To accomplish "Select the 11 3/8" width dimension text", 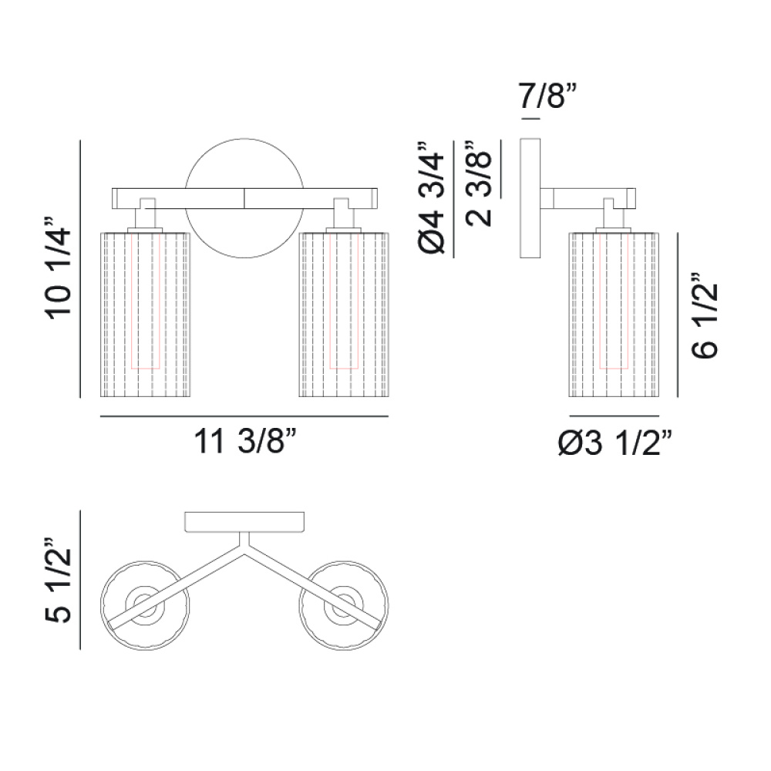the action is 246,441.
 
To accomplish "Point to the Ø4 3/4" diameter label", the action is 431,197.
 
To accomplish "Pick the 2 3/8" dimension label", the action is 479,183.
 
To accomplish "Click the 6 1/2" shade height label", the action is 705,315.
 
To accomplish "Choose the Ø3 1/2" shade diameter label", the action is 615,443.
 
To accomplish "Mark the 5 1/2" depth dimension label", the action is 59,581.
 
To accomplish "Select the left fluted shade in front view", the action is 146,315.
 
